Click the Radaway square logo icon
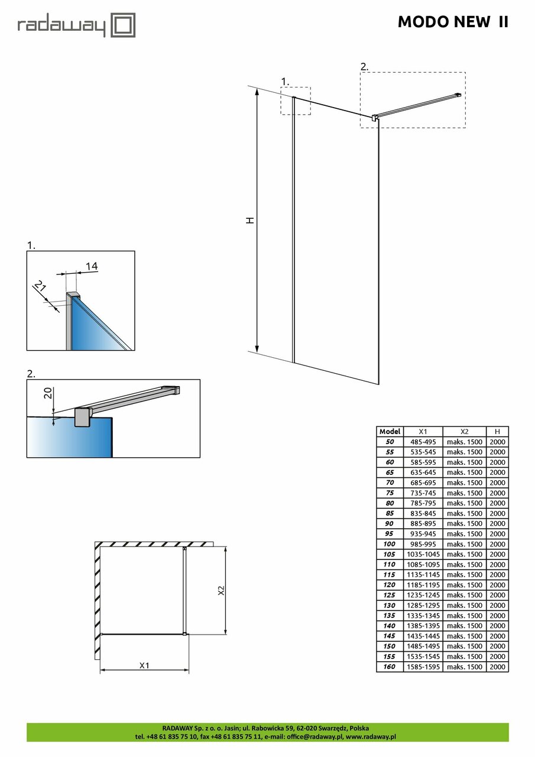point(124,25)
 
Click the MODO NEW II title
point(452,22)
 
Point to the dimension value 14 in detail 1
point(91,266)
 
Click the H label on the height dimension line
point(251,220)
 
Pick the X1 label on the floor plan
point(144,665)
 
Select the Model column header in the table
point(390,432)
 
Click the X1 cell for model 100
point(423,544)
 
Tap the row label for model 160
point(390,667)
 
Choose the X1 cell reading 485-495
point(423,442)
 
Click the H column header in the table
point(497,432)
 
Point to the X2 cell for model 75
point(464,493)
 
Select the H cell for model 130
point(497,605)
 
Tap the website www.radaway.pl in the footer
point(371,737)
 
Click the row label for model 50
point(390,442)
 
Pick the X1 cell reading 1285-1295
point(423,605)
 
